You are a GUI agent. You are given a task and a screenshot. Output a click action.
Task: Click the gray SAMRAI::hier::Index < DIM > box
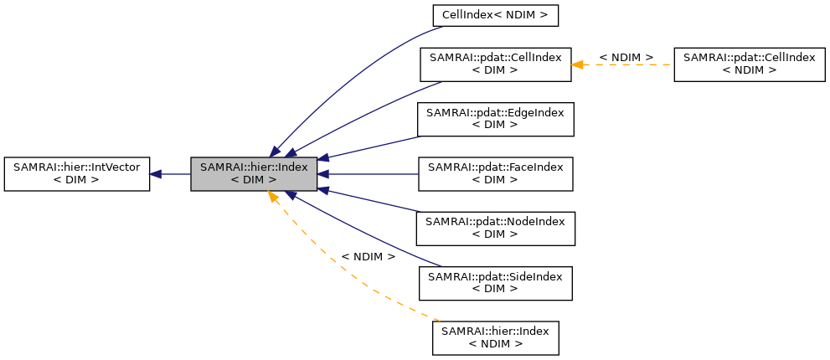tap(254, 174)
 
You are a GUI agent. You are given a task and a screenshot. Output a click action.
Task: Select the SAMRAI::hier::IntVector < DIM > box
tap(76, 174)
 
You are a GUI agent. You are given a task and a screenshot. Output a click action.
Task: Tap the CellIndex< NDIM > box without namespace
tap(495, 15)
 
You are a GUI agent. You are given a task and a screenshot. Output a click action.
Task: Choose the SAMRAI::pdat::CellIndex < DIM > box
tap(495, 64)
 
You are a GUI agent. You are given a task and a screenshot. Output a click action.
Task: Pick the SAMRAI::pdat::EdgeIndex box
tap(495, 120)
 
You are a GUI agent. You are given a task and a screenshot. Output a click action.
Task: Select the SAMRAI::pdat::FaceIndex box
tap(495, 174)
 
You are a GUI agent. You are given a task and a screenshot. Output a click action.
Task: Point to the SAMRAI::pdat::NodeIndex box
tap(495, 229)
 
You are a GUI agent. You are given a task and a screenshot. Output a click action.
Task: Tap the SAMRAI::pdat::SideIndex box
tap(495, 283)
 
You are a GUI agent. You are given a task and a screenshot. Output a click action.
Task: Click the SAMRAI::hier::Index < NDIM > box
tap(495, 338)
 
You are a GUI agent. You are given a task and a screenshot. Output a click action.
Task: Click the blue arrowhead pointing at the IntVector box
tap(156, 174)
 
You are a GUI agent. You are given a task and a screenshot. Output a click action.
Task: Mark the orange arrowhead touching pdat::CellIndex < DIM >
tap(577, 64)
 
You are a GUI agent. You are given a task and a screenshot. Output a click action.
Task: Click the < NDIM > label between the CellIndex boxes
tap(626, 57)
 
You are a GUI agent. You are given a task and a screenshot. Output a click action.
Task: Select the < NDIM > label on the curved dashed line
tap(368, 256)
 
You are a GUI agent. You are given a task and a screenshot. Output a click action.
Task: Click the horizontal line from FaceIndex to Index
tap(373, 174)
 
